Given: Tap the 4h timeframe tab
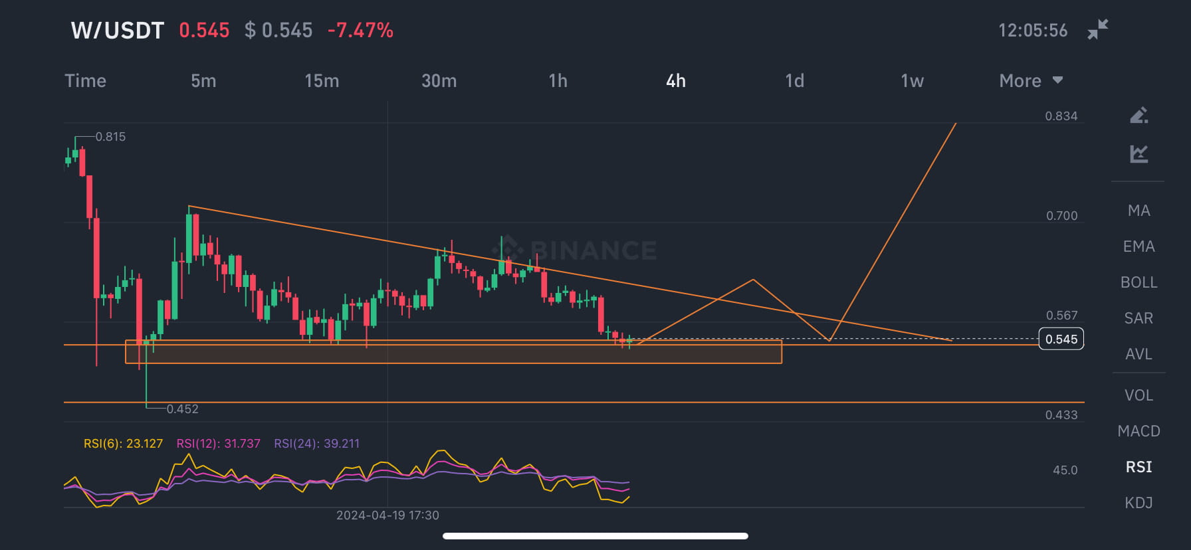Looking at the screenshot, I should click(675, 81).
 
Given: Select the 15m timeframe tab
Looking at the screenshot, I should click(322, 81).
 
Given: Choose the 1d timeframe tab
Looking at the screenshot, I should click(794, 81).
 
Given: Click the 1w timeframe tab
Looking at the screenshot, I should click(912, 81).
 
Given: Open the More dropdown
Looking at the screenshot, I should click(1030, 81).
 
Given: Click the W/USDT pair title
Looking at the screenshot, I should click(117, 31).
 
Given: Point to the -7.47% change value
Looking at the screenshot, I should click(360, 31).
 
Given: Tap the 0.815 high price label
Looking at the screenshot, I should click(110, 137).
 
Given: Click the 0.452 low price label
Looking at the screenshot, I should click(182, 409).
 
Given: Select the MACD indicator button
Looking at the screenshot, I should click(1138, 431).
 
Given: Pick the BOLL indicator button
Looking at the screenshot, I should click(1138, 282).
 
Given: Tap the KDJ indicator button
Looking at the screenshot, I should click(1138, 503).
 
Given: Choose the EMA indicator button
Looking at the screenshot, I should click(1138, 246).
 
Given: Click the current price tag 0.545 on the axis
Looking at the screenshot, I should click(1061, 339).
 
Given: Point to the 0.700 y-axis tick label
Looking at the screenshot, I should click(1061, 216).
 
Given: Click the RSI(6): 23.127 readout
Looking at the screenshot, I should click(123, 444).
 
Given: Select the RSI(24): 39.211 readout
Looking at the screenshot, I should click(316, 444).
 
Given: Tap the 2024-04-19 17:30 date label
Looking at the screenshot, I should click(387, 515).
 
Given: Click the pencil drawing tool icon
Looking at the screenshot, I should click(1138, 116).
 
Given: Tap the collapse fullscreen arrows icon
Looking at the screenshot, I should click(1097, 30).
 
